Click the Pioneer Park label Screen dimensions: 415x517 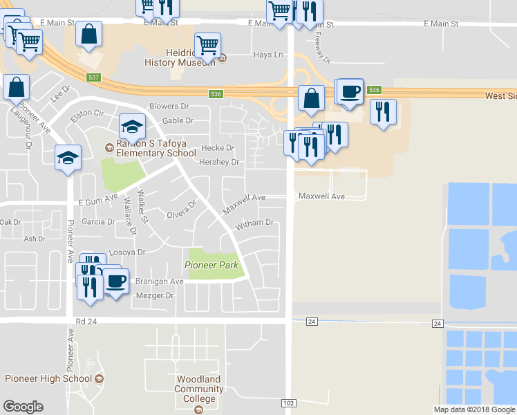pos(211,265)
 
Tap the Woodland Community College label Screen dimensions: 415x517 pos(198,389)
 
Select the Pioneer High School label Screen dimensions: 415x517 pos(48,378)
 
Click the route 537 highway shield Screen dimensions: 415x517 pos(95,77)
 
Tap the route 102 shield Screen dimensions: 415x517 pos(289,403)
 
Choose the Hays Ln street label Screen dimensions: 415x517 pos(268,55)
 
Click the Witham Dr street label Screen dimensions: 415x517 pos(255,223)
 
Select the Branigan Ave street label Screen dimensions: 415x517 pos(158,282)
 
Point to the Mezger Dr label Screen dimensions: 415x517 pos(154,295)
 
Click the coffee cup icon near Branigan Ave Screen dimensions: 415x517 pos(116,281)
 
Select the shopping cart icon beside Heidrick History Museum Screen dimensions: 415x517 pos(208,45)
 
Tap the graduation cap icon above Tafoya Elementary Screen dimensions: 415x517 pos(132,126)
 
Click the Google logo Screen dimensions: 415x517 pos(23,407)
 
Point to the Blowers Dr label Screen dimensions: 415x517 pos(169,107)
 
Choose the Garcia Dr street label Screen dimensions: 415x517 pos(98,222)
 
